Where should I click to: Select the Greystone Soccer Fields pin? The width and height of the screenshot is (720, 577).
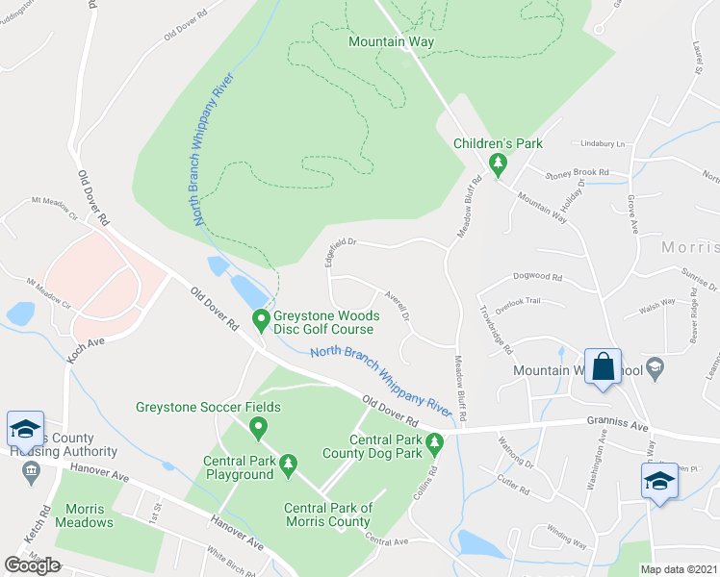(x=257, y=426)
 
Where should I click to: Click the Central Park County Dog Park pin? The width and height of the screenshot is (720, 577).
(x=434, y=443)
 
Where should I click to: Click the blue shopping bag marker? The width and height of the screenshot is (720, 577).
(x=603, y=367)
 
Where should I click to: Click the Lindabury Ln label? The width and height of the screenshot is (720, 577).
(x=603, y=143)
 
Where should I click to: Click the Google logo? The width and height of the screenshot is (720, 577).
(x=33, y=564)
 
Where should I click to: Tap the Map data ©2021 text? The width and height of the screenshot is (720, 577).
(x=680, y=568)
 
